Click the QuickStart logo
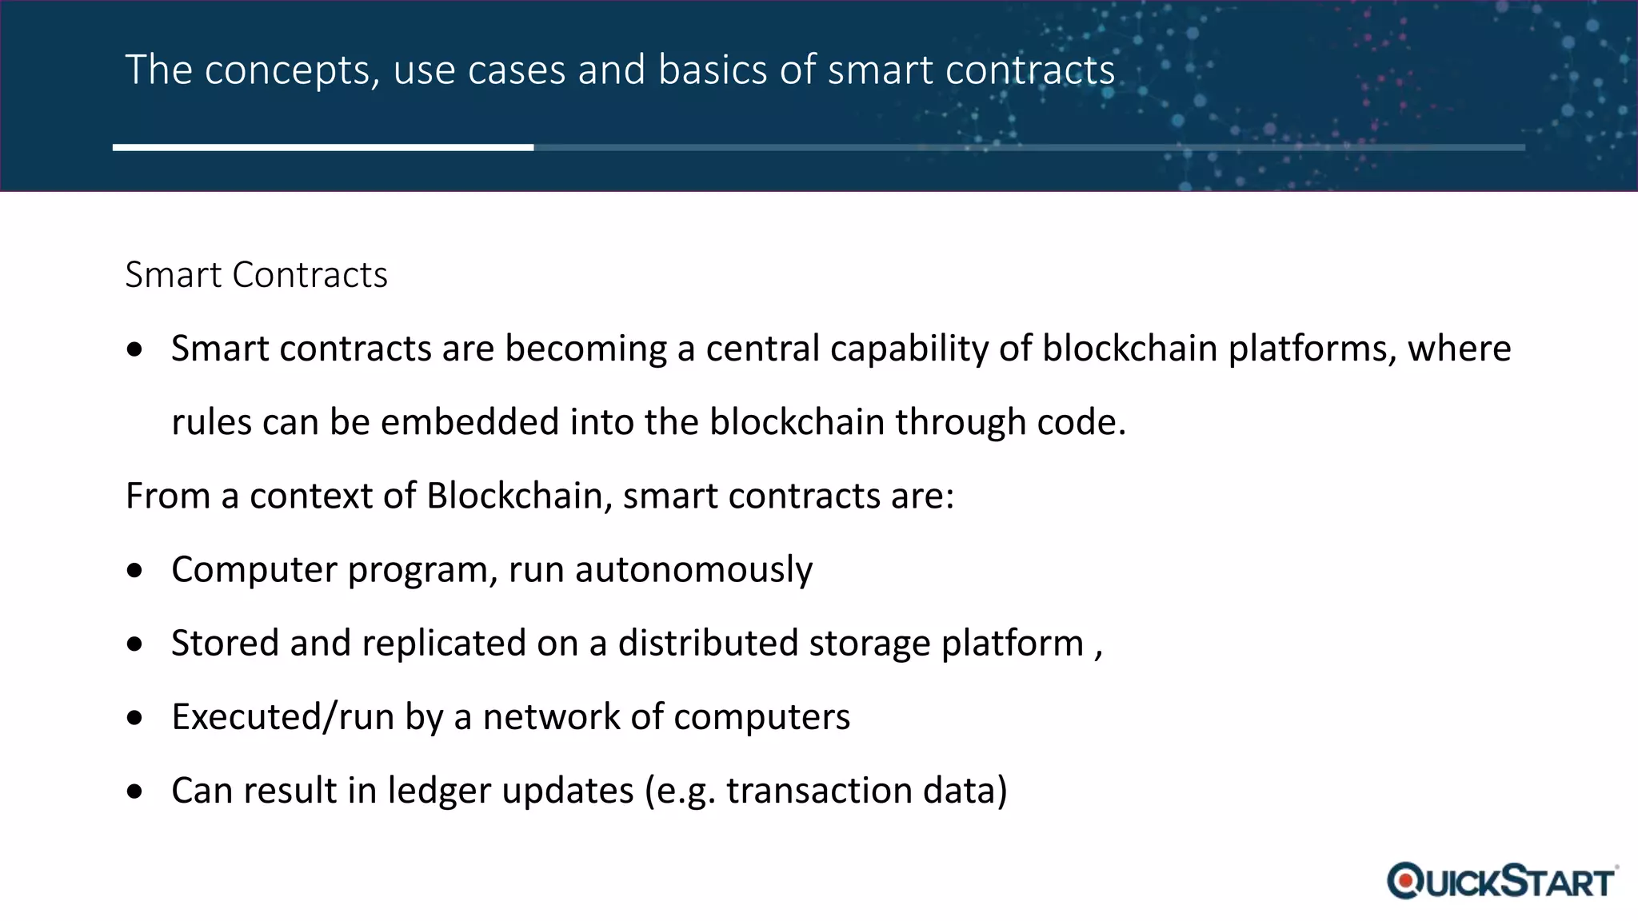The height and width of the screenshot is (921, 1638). [x=1501, y=881]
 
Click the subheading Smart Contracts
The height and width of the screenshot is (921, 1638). [x=256, y=275]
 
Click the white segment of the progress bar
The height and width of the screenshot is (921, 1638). [x=323, y=147]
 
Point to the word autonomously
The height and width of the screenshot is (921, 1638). [x=693, y=570]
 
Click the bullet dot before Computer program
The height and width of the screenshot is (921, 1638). [x=135, y=571]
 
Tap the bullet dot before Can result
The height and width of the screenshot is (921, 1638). [x=135, y=791]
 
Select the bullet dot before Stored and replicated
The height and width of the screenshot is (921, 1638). [x=135, y=644]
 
